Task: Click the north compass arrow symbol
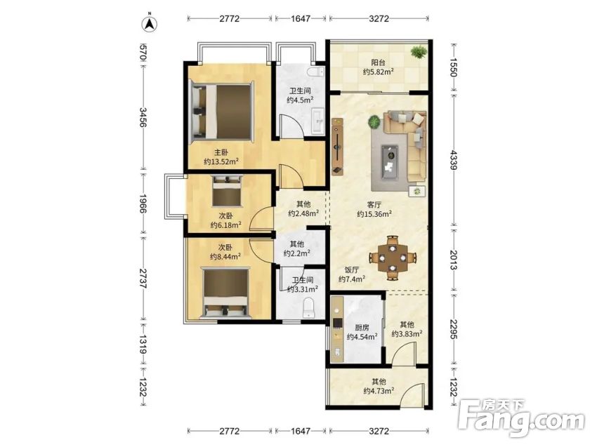pyautogui.click(x=150, y=24)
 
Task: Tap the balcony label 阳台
pyautogui.click(x=378, y=62)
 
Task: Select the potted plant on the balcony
pyautogui.click(x=419, y=52)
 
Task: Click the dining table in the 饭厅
pyautogui.click(x=393, y=258)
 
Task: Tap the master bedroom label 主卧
pyautogui.click(x=221, y=152)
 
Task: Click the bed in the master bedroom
pyautogui.click(x=221, y=111)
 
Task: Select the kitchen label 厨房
pyautogui.click(x=362, y=328)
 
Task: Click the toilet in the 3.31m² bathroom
pyautogui.click(x=308, y=308)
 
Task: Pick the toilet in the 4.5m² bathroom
pyautogui.click(x=316, y=72)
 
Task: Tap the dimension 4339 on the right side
pyautogui.click(x=453, y=160)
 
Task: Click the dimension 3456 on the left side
pyautogui.click(x=143, y=117)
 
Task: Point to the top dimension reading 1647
pyautogui.click(x=301, y=18)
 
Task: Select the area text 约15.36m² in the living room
pyautogui.click(x=374, y=214)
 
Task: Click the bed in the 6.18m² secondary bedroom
pyautogui.click(x=228, y=190)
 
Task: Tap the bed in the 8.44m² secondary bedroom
pyautogui.click(x=227, y=293)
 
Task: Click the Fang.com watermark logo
pyautogui.click(x=521, y=418)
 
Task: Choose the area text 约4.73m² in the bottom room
pyautogui.click(x=379, y=391)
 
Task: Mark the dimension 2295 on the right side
pyautogui.click(x=453, y=329)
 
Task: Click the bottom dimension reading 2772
pyautogui.click(x=230, y=431)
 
